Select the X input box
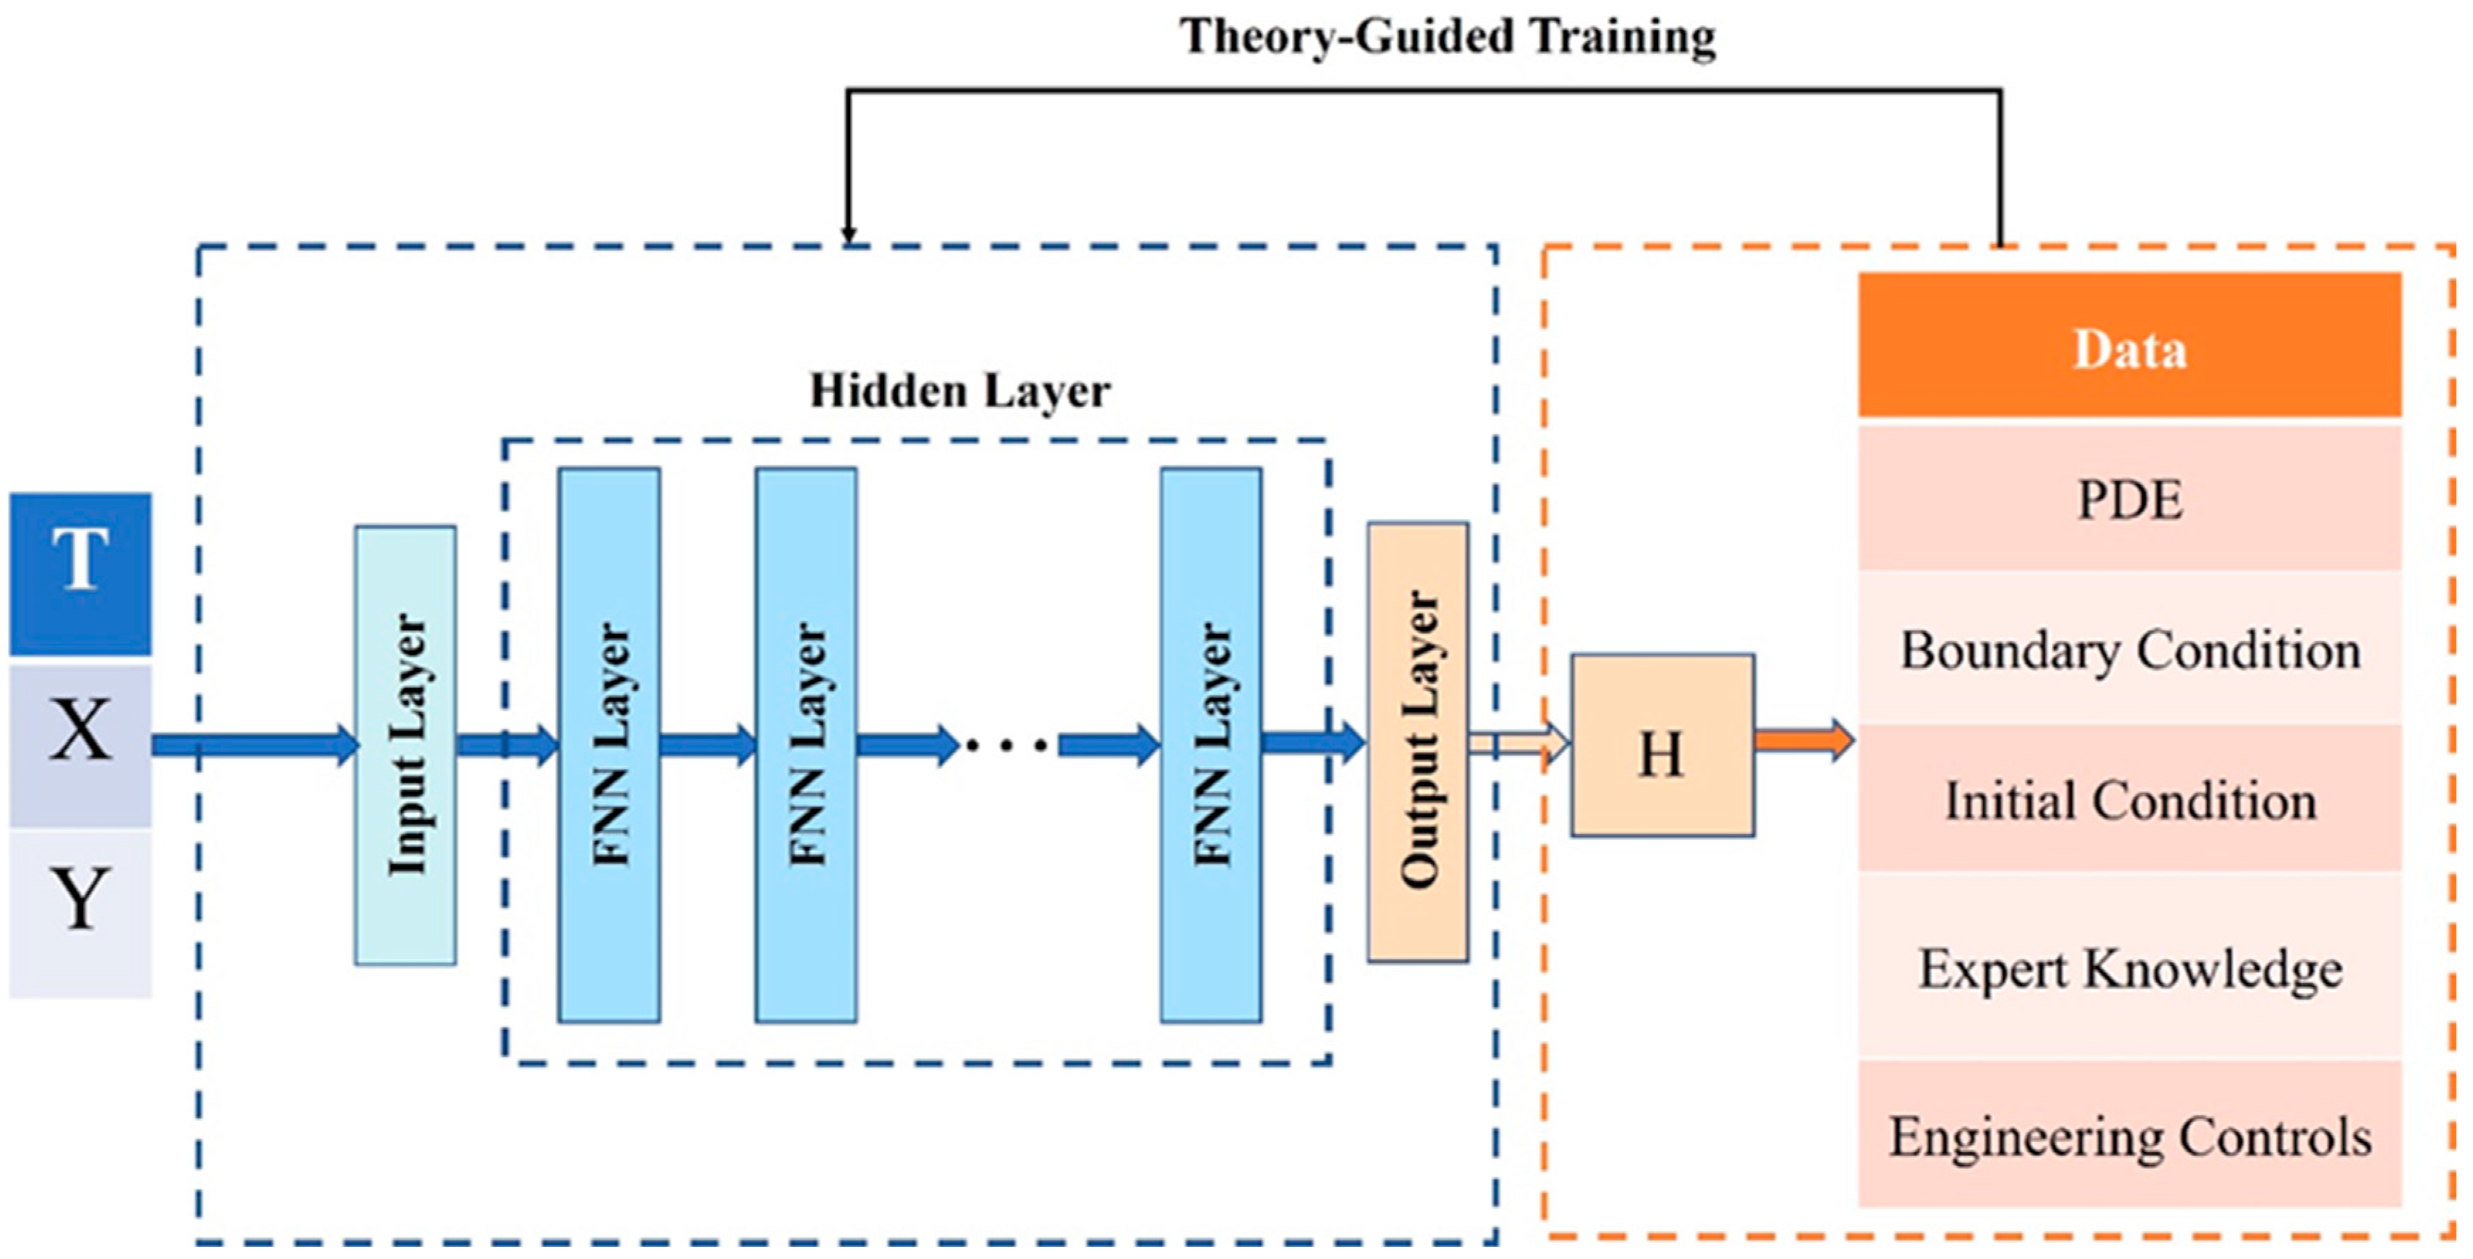click(x=81, y=746)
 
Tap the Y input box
click(x=81, y=912)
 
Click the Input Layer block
click(x=405, y=744)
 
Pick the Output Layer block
click(x=1417, y=741)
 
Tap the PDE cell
click(x=2129, y=499)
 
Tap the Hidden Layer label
click(x=960, y=391)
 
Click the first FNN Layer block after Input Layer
click(x=609, y=744)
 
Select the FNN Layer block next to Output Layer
click(x=1211, y=744)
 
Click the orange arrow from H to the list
click(x=1803, y=741)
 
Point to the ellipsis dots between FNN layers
click(x=1008, y=744)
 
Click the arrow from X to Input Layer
click(x=254, y=744)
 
